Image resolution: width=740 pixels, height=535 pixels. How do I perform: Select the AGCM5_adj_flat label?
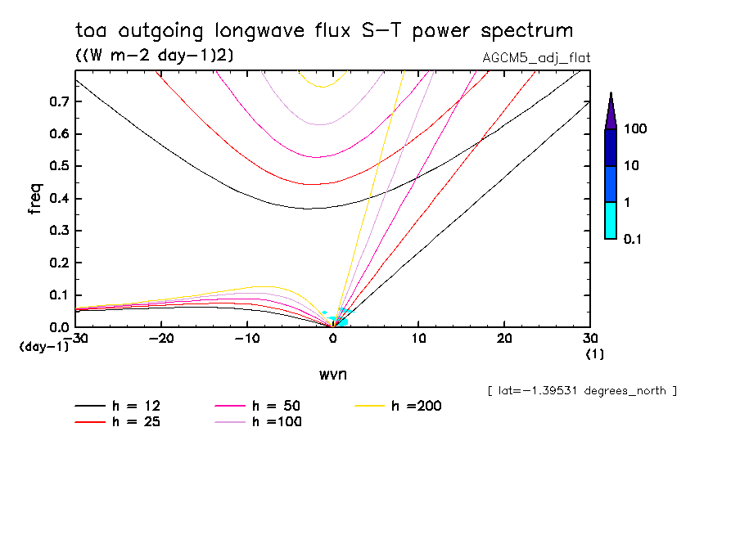537,57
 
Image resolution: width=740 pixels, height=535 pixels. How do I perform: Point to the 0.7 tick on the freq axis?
60,101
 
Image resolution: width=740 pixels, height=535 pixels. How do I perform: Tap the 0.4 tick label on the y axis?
60,198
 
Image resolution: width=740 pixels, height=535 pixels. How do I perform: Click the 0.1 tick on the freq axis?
60,294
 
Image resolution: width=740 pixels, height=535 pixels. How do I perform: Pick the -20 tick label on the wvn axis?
161,339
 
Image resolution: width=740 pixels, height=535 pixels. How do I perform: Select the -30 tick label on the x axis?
76,339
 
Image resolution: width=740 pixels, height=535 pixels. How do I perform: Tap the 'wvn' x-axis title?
332,374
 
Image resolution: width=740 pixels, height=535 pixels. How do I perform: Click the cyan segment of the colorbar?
610,220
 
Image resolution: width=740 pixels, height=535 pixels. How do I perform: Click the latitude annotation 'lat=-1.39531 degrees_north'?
582,390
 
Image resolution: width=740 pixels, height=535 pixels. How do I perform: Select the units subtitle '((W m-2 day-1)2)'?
149,55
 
